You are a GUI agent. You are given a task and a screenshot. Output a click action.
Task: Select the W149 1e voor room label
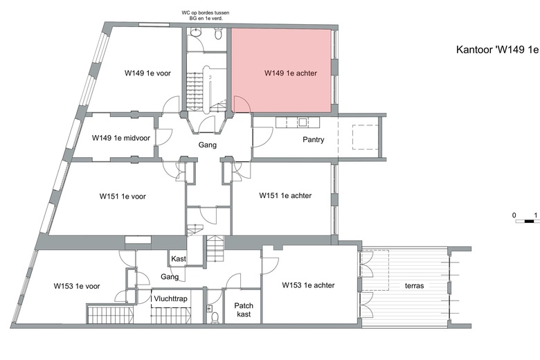(147, 73)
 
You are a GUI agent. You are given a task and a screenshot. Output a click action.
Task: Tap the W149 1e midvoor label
(121, 138)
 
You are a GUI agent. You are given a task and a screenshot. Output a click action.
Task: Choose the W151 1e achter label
(285, 196)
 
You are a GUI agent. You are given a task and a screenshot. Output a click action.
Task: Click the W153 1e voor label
(77, 286)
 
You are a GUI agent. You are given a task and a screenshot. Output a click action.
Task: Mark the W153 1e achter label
(308, 285)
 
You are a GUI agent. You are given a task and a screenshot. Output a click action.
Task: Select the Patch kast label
(243, 309)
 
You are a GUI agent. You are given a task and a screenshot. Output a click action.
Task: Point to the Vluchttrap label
(170, 300)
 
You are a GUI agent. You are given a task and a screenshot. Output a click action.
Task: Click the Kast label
(179, 258)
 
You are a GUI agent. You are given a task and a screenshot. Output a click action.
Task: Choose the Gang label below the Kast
(170, 277)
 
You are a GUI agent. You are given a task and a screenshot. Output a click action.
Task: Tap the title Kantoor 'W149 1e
(496, 50)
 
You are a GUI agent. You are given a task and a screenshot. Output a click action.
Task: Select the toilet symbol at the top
(218, 35)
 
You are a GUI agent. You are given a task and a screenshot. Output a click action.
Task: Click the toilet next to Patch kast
(215, 317)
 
